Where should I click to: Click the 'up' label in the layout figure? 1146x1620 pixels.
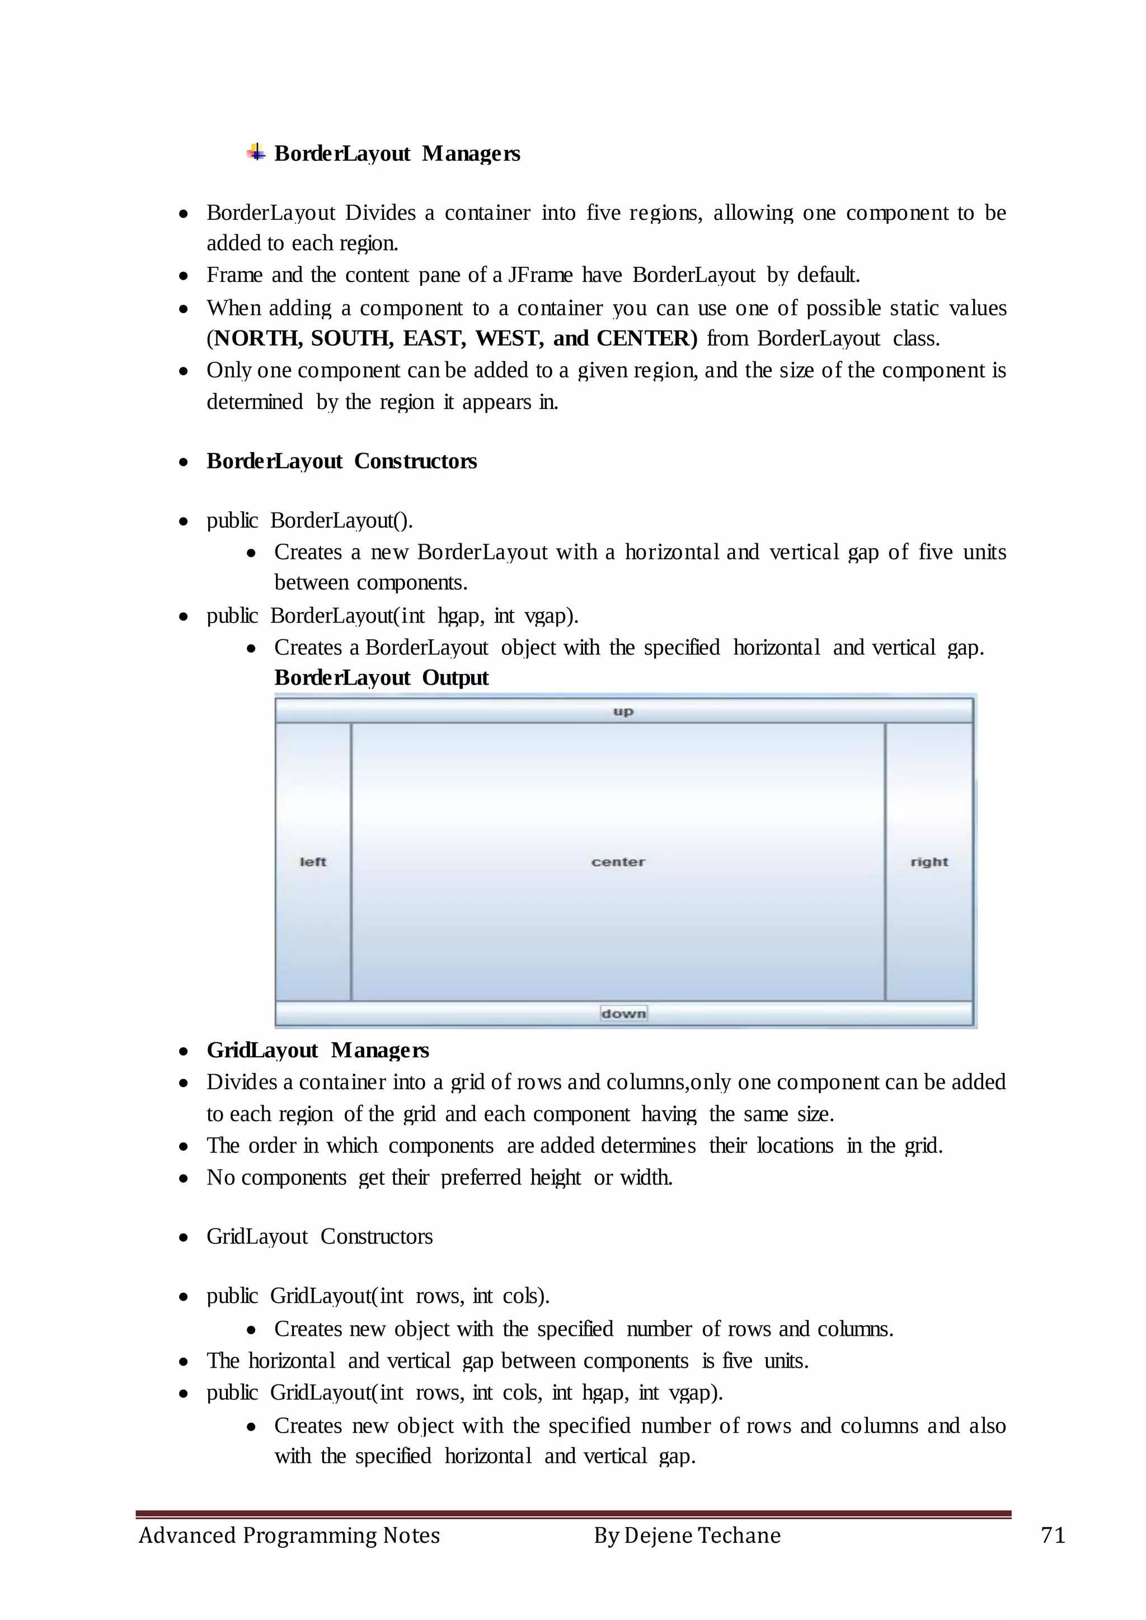tap(623, 711)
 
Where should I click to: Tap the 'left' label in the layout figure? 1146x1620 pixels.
tap(313, 861)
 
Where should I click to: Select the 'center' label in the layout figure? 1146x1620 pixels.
tap(618, 861)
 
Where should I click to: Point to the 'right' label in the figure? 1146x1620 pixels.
tap(929, 861)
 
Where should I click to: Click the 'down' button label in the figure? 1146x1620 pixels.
tap(623, 1013)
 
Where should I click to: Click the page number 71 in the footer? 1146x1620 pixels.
tap(1053, 1536)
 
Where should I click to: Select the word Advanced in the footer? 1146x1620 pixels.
tap(187, 1536)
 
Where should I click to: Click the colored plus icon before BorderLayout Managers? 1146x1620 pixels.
tap(256, 152)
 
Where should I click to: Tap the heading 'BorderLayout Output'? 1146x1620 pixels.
tap(381, 678)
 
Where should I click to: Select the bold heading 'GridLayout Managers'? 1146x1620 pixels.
tap(317, 1051)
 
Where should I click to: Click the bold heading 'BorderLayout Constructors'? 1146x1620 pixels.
tap(341, 461)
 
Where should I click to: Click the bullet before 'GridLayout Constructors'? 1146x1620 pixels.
tap(184, 1237)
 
